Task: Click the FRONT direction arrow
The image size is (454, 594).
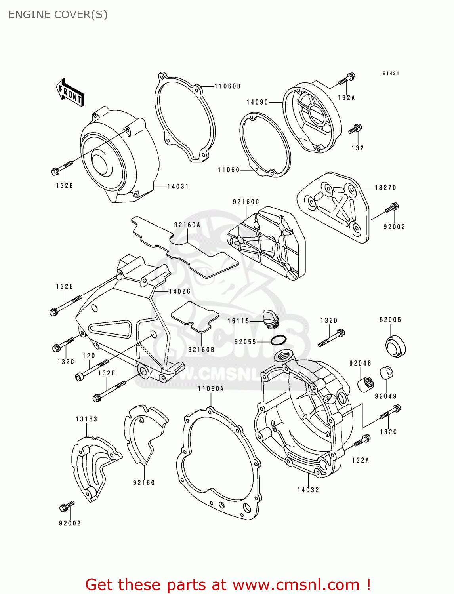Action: [x=71, y=92]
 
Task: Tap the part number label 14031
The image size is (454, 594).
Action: [x=178, y=186]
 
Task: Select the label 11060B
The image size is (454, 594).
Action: [x=227, y=86]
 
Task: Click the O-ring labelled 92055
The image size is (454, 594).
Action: [x=279, y=340]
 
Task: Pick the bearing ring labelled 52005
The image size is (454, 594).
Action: [x=395, y=346]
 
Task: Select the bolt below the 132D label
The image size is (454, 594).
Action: [x=332, y=338]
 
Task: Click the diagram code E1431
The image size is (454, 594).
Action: [x=391, y=74]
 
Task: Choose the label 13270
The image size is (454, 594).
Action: [x=385, y=188]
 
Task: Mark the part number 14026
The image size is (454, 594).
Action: [x=179, y=291]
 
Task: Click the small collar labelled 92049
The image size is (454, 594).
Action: [x=386, y=373]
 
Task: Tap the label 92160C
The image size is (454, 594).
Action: [x=246, y=202]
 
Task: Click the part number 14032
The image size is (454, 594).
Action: [x=308, y=490]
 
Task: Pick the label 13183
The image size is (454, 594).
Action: [x=86, y=419]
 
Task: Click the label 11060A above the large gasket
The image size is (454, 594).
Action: [x=211, y=389]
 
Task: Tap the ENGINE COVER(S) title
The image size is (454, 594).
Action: [x=58, y=15]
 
